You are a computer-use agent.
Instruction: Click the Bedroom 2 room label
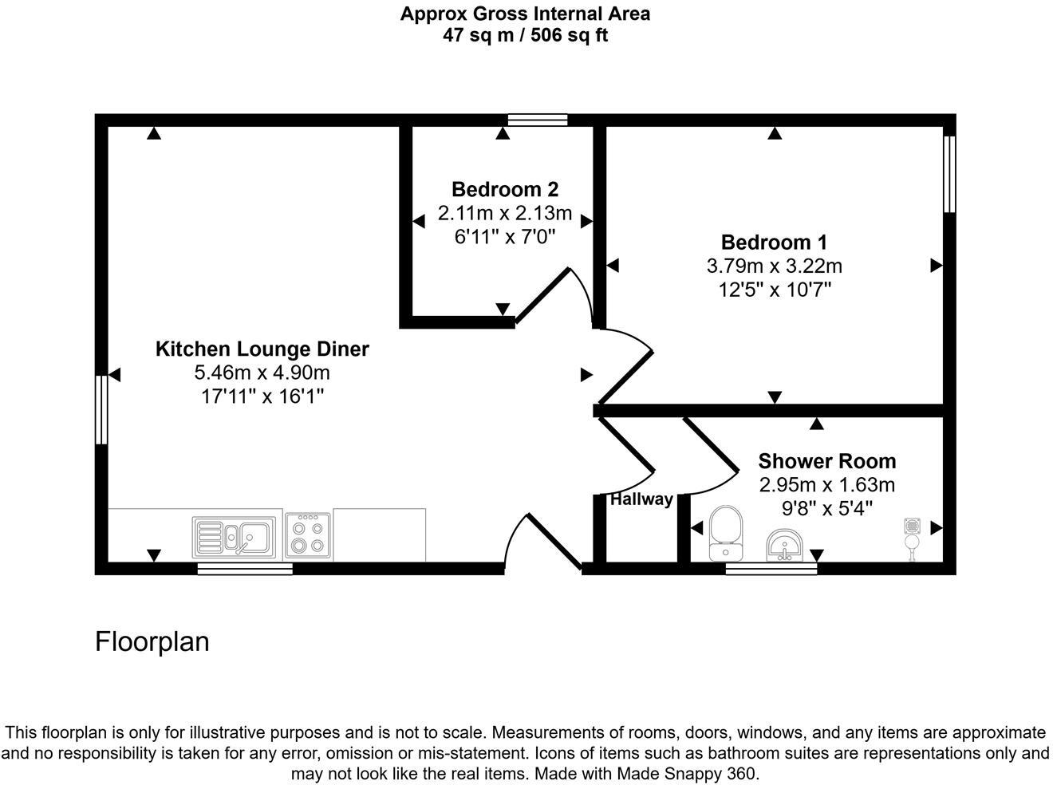[x=504, y=190]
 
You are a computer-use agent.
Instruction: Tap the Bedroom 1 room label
[x=774, y=243]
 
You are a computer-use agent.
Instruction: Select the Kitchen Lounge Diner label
[x=262, y=349]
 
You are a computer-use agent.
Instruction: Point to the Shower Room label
[x=826, y=461]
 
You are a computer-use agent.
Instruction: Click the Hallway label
[x=641, y=500]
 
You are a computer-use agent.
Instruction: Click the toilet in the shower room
[x=725, y=534]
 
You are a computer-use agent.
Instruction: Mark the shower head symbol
[x=912, y=535]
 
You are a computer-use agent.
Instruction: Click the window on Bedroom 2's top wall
[x=538, y=120]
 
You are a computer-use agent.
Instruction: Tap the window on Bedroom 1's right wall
[x=949, y=174]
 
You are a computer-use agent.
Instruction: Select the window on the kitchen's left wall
[x=101, y=409]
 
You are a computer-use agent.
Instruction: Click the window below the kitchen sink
[x=245, y=569]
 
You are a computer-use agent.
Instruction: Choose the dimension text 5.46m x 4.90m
[x=262, y=373]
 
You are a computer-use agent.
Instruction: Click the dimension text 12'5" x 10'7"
[x=774, y=290]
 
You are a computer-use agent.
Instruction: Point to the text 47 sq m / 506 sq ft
[x=525, y=36]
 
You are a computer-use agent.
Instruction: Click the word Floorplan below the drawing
[x=152, y=641]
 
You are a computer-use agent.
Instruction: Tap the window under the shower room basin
[x=771, y=569]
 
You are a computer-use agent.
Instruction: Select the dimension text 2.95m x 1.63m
[x=826, y=485]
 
